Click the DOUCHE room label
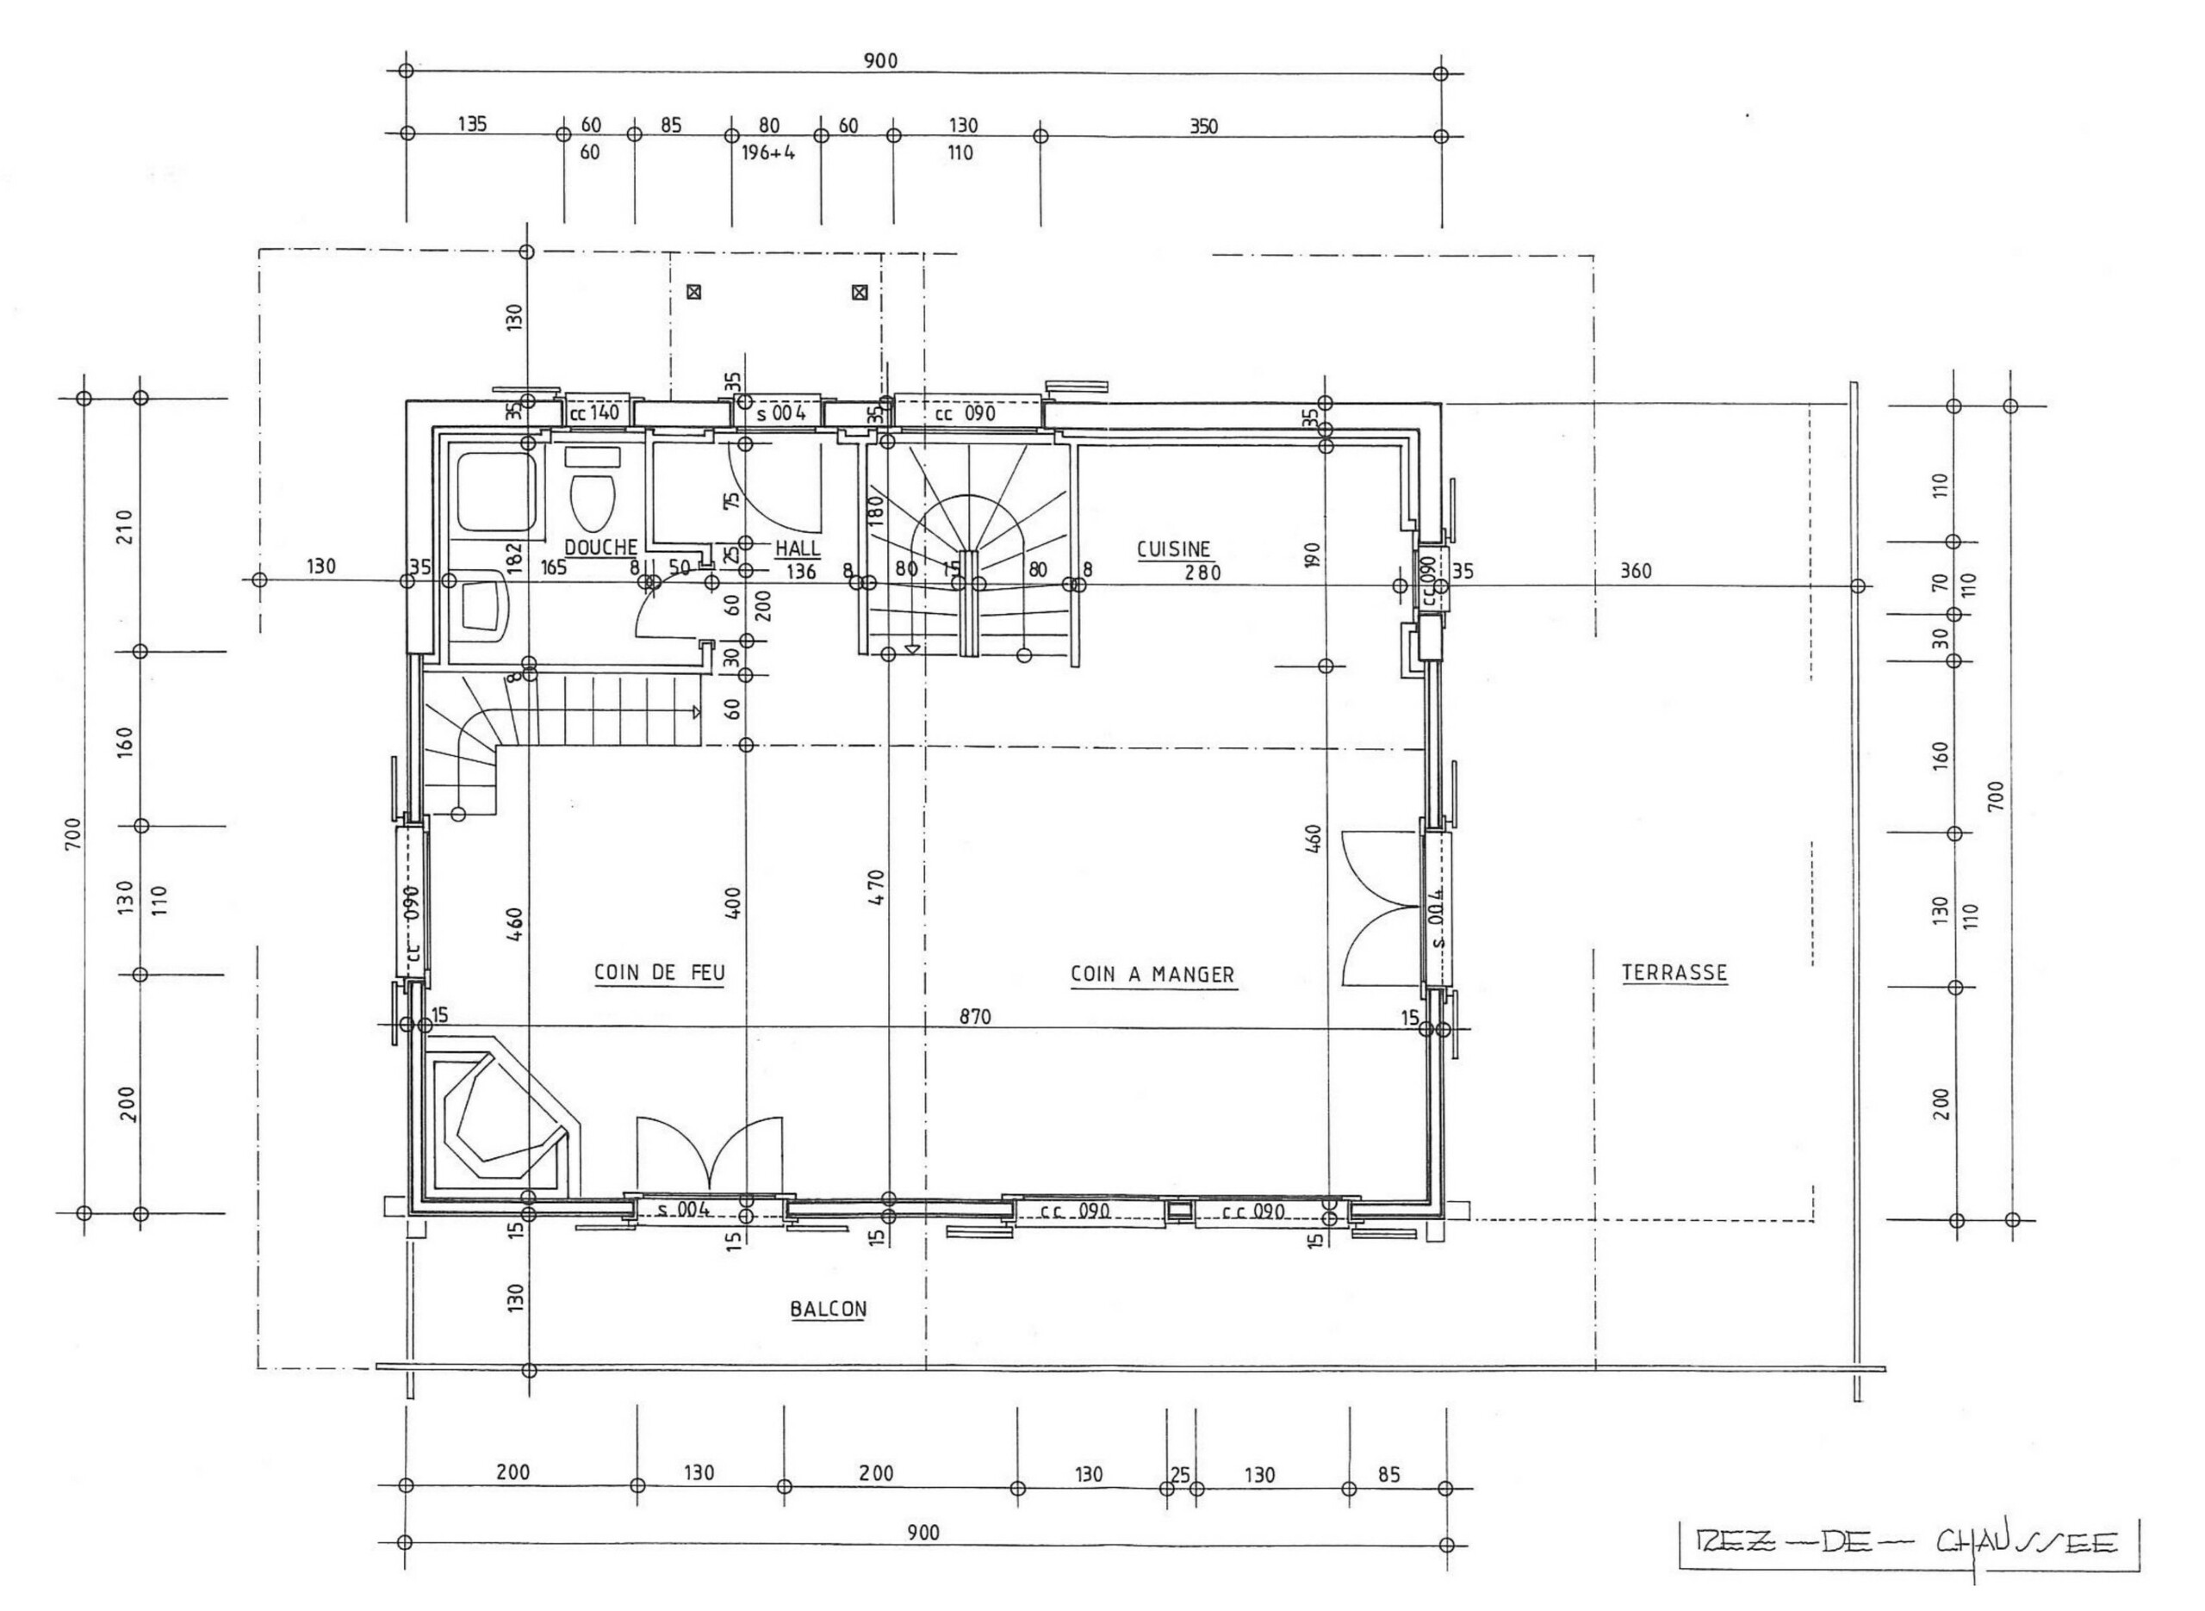600,548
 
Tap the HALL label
798,549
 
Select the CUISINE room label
1173,550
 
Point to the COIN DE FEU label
659,973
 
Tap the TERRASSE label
1674,972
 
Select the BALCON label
828,1310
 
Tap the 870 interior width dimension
974,1017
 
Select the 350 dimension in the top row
1203,126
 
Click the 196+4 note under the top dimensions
768,153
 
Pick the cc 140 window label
595,412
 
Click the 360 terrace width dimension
1636,572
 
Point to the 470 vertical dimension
876,889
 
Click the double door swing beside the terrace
1380,907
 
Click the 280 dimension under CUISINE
1202,573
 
